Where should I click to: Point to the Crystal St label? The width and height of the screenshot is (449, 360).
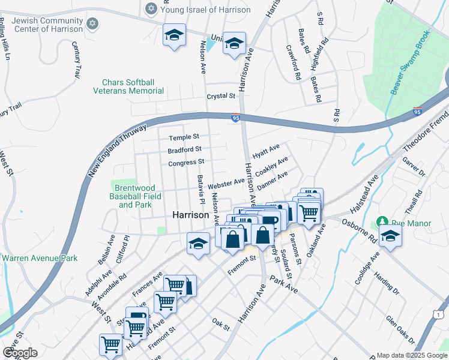[220, 96]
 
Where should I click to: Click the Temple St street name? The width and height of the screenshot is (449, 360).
[184, 138]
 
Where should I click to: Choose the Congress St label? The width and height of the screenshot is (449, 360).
[186, 162]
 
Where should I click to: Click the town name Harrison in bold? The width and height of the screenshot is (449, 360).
[190, 214]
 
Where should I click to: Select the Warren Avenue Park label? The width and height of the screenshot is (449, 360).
[40, 259]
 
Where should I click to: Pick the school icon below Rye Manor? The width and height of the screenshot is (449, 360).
[390, 237]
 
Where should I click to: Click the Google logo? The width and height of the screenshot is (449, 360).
[20, 353]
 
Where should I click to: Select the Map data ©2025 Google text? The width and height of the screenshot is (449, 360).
[412, 355]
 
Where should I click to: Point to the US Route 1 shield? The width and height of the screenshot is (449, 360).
[440, 314]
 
